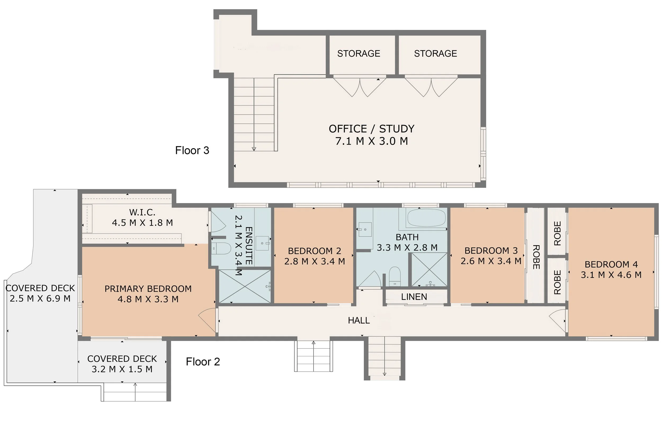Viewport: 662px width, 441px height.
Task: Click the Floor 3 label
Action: point(192,151)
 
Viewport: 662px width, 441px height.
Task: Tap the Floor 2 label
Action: point(203,362)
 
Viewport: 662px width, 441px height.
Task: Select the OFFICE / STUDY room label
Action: point(372,129)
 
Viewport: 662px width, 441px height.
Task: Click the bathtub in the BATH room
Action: point(426,218)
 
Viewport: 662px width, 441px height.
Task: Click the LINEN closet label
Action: point(414,297)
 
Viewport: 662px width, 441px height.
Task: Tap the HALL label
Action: point(359,320)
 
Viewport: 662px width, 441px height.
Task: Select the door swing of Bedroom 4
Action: point(557,321)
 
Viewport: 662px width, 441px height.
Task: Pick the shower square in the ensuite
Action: point(245,286)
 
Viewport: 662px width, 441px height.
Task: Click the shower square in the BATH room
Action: point(430,269)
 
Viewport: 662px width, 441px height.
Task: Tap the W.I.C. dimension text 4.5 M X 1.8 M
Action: point(142,223)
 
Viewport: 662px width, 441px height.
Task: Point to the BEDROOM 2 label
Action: point(315,251)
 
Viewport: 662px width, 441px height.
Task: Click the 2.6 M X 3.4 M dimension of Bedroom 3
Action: point(491,261)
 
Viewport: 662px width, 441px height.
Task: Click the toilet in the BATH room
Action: point(395,276)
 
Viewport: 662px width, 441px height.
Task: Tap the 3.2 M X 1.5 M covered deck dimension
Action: point(122,369)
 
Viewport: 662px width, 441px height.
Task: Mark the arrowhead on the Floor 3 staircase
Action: point(254,149)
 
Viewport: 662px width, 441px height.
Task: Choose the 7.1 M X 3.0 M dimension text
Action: point(372,141)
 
